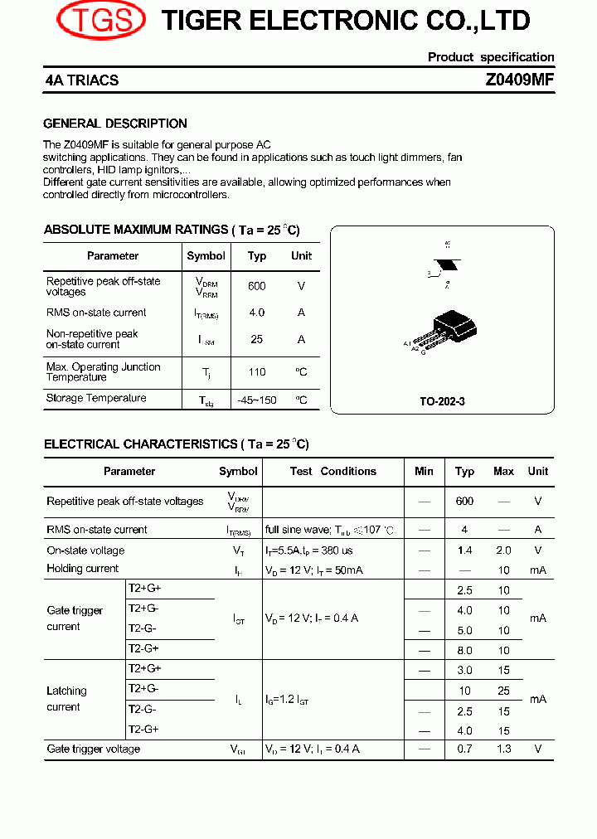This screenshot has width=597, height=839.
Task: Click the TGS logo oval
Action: (x=100, y=21)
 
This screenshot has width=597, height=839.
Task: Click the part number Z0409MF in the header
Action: (x=519, y=80)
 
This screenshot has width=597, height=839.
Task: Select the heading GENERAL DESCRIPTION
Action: (x=115, y=124)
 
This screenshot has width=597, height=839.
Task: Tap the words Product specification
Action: (x=491, y=57)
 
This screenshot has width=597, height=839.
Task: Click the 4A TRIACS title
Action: (x=82, y=80)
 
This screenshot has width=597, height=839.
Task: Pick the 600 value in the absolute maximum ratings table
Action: (x=257, y=286)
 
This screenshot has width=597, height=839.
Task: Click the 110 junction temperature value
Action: (x=257, y=372)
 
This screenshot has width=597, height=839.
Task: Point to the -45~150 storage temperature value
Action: (x=257, y=400)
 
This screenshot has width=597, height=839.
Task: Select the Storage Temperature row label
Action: (x=96, y=398)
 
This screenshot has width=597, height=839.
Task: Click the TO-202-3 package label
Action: (x=442, y=401)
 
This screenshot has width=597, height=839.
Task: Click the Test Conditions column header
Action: (x=332, y=471)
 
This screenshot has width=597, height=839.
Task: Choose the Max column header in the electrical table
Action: (x=503, y=471)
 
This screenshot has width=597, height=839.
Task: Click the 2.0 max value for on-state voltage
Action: (x=503, y=550)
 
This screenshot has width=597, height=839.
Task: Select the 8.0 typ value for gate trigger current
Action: (x=464, y=651)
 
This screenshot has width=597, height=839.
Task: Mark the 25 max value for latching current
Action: (x=503, y=691)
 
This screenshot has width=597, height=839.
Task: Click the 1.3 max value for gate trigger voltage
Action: (x=503, y=749)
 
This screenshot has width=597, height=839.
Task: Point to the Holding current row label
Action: (x=83, y=569)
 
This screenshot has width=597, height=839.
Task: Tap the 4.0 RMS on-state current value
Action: (x=257, y=313)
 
